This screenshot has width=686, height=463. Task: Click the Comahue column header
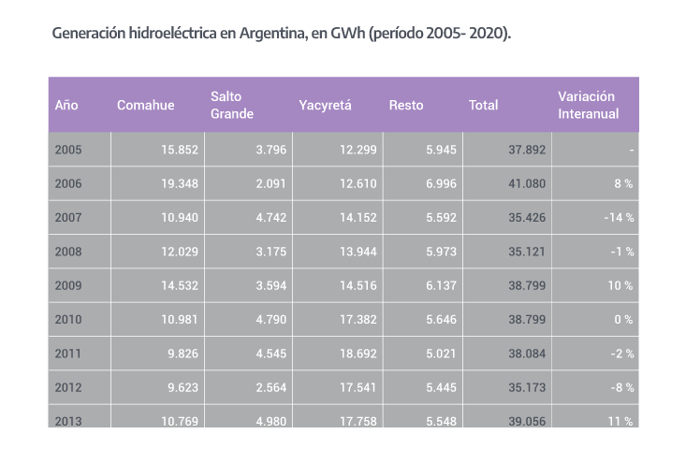coord(145,105)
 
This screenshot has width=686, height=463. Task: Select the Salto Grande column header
coord(232,105)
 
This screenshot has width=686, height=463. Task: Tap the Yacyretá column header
coord(325,105)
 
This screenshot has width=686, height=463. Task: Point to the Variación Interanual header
coord(586,105)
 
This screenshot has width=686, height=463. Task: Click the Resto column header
coord(406,105)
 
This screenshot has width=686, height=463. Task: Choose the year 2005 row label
coord(68,150)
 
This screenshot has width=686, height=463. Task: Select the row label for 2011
coord(68,354)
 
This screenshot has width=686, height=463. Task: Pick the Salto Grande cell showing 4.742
coord(270,218)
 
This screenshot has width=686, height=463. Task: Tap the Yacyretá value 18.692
coord(358,354)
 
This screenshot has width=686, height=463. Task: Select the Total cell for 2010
coord(526,319)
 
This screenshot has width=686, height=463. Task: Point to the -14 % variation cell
coord(617,218)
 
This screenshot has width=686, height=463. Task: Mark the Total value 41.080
coord(526,184)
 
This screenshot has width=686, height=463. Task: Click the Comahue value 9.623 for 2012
coord(181,387)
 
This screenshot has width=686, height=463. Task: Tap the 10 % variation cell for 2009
coord(620,285)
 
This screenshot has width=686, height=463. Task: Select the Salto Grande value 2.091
coord(270,184)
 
